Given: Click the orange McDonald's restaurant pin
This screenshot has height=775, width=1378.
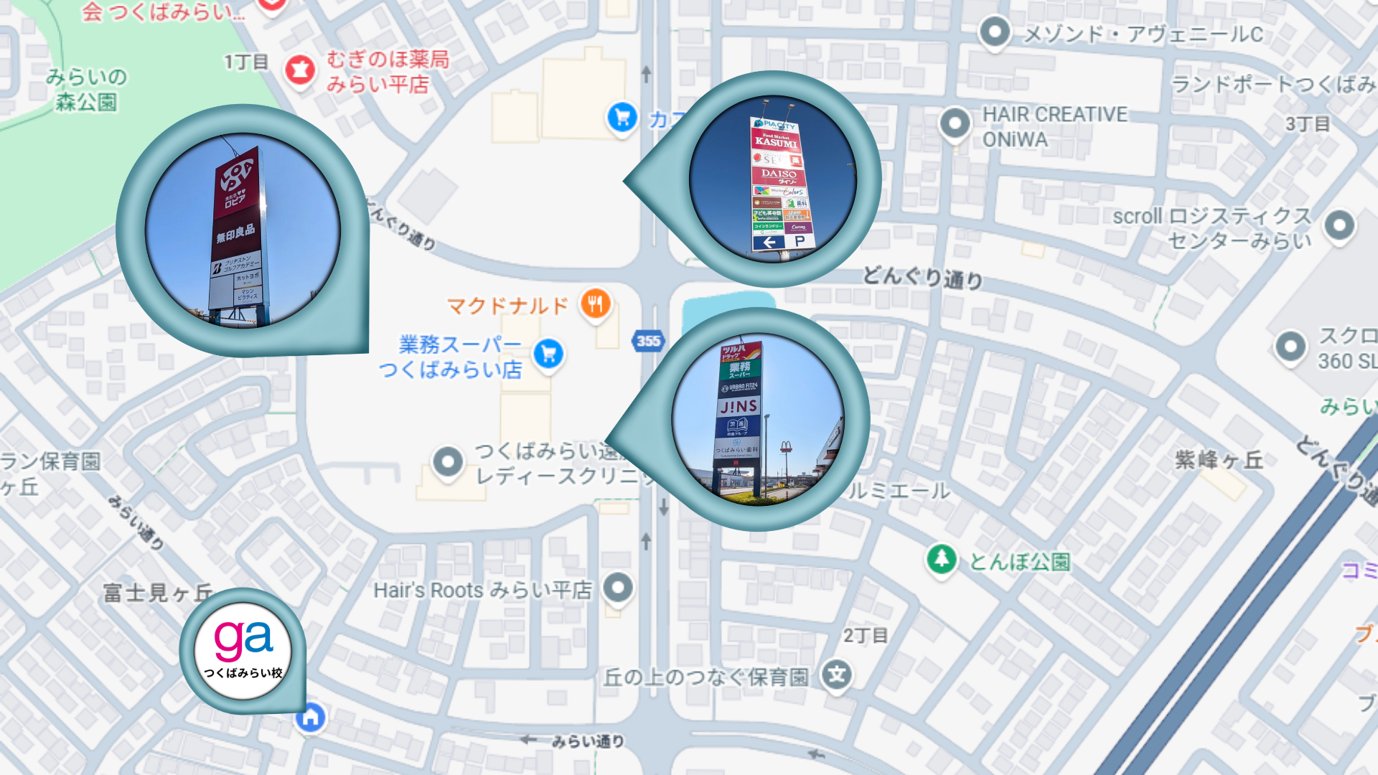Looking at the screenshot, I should pos(595,304).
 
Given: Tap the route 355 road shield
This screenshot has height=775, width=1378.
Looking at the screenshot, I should pos(648,342).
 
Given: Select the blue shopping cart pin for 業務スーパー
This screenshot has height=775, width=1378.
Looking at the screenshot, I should pos(549,353).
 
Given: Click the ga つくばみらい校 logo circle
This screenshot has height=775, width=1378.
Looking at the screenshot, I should pos(243,650).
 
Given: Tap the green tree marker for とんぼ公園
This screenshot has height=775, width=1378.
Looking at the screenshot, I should pos(941,558).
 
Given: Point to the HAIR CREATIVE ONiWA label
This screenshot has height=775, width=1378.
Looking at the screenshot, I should pos(1054,126).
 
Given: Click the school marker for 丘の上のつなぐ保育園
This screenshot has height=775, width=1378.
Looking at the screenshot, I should pos(837,675).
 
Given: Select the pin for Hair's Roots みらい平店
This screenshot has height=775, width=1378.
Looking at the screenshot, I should pos(618,588).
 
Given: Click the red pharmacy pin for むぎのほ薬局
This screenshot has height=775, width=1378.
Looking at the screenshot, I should pos(300,70).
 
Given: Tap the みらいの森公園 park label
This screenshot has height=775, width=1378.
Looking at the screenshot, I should pos(86,89).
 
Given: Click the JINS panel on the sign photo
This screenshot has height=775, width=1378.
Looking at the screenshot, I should pos(739,407).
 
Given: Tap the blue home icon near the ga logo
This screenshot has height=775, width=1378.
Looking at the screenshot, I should pos(311,717).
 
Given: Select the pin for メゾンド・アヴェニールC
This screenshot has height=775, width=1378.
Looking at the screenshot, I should pos(995,32).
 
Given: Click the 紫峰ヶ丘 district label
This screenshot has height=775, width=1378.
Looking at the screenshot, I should pos(1219,460).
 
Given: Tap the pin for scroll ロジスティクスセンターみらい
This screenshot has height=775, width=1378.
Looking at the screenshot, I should pos(1339,225).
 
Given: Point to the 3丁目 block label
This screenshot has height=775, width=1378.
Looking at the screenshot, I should pos(1308,124).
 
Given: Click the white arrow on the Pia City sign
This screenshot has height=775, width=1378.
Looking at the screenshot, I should pos(769,243).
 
